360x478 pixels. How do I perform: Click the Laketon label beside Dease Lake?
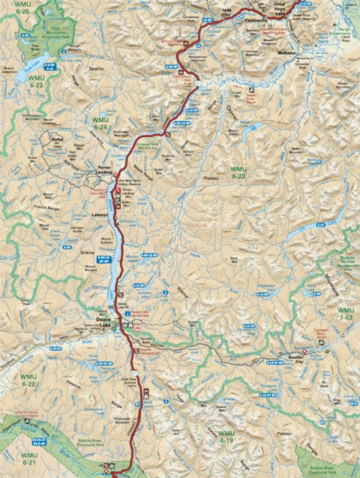pos(100,215)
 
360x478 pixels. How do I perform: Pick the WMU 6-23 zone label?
pos(238,172)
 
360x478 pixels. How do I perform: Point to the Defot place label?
pos(57,139)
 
